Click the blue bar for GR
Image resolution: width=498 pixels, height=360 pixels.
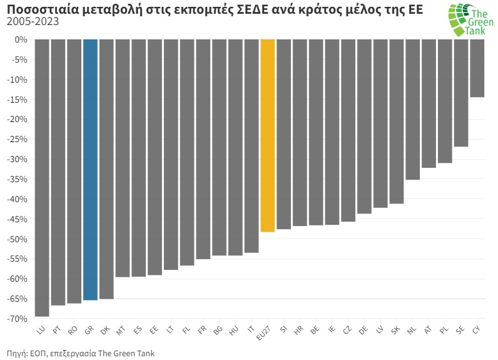point(90,169)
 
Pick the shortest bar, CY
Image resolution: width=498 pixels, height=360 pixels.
point(477,68)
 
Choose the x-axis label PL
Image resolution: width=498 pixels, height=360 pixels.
point(444,329)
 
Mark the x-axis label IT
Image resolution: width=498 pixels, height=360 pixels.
point(250,329)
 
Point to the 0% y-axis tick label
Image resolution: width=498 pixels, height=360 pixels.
point(22,39)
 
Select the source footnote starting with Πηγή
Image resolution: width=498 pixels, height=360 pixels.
point(81,353)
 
